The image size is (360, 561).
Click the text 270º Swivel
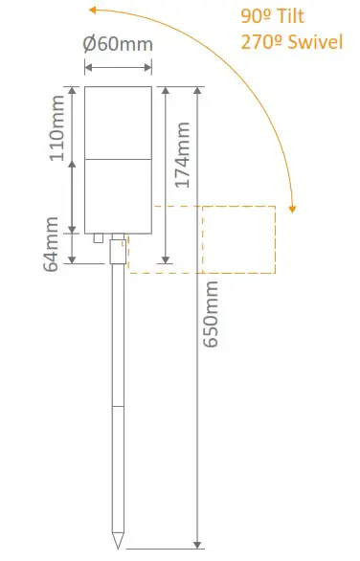(x=291, y=42)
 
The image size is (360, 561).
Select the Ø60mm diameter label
(x=118, y=45)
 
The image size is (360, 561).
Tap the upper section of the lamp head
(x=118, y=123)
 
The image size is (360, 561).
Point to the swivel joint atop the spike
(x=118, y=252)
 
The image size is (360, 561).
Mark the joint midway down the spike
(x=118, y=406)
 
